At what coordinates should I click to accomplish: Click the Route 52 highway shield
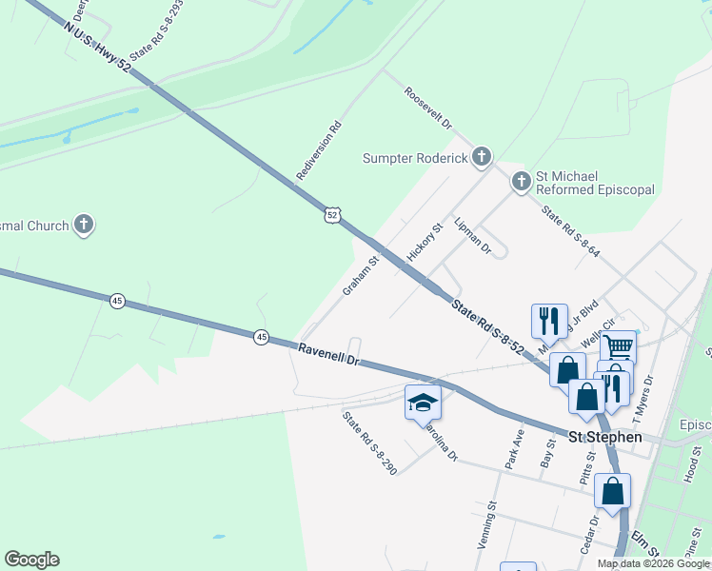(x=330, y=215)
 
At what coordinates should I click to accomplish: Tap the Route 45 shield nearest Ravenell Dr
(x=261, y=337)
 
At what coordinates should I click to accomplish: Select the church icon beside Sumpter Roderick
(x=482, y=156)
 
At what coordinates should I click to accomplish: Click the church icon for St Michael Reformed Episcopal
(x=521, y=181)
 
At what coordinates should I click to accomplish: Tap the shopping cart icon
(x=618, y=347)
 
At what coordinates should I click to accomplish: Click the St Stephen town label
(x=604, y=438)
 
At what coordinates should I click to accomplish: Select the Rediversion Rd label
(x=319, y=150)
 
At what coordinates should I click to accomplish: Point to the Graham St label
(x=361, y=274)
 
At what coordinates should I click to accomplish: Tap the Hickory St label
(x=425, y=243)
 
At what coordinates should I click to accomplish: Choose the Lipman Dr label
(x=472, y=235)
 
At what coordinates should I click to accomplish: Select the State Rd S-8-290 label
(x=369, y=442)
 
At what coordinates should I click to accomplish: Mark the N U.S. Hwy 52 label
(x=97, y=45)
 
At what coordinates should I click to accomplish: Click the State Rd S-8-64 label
(x=571, y=231)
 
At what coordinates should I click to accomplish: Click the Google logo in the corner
(x=31, y=560)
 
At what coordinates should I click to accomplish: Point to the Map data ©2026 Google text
(x=653, y=563)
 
